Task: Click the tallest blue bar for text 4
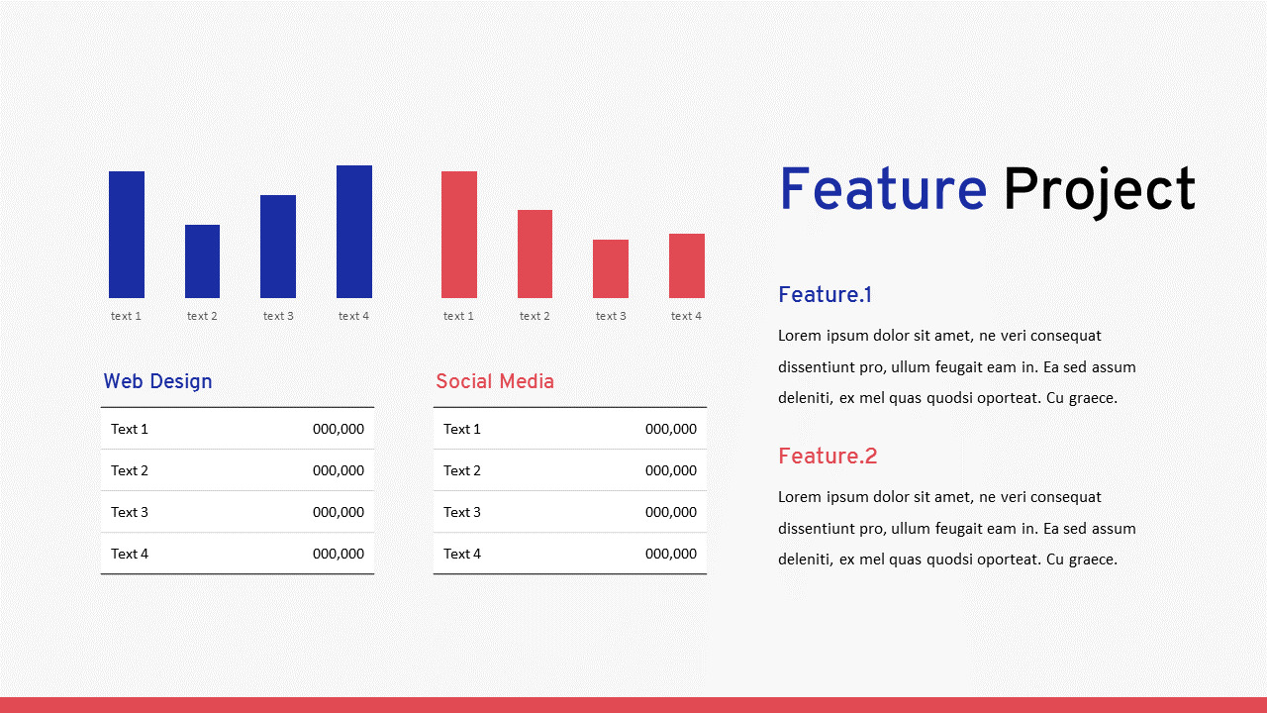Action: pos(353,232)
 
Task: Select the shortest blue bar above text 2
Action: pos(202,261)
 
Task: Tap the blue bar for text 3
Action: pos(278,247)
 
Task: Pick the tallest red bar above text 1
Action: pos(459,235)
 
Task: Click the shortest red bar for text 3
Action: pos(611,268)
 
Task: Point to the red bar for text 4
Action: pos(687,265)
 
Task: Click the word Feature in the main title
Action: pos(882,190)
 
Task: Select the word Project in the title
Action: pos(1099,190)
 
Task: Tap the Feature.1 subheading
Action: pos(825,295)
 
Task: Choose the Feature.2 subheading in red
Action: pos(828,457)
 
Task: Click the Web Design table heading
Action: pos(157,381)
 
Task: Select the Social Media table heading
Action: pos(495,381)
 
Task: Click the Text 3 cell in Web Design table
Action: pos(130,512)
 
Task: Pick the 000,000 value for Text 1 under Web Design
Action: pos(339,429)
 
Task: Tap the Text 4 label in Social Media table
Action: pos(462,554)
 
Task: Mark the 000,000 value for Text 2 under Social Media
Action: pos(671,470)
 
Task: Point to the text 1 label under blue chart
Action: pos(126,316)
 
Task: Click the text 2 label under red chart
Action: pos(535,316)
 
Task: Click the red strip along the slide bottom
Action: pos(633,705)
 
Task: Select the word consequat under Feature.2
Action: pos(1061,497)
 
